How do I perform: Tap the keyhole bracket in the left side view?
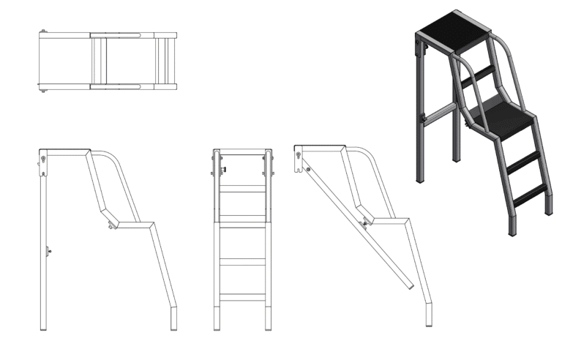(45, 161)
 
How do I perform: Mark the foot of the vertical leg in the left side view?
(45, 326)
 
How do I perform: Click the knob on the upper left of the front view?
(220, 172)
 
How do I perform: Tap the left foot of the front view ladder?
(217, 326)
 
